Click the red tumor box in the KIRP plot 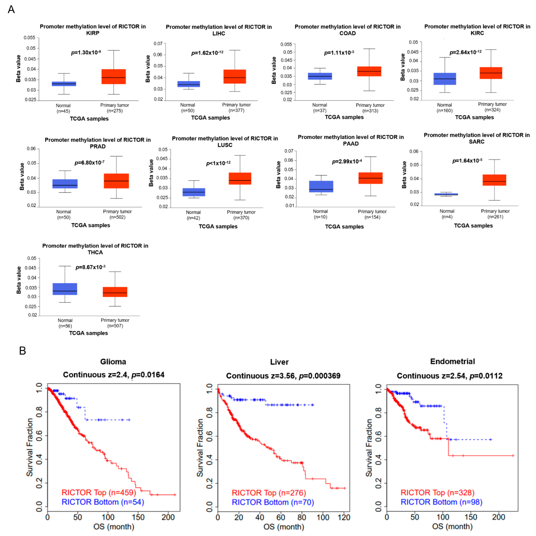[x=113, y=77]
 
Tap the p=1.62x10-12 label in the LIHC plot [x=207, y=53]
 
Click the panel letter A [x=11, y=10]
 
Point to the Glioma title [x=113, y=362]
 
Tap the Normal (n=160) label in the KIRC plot [x=444, y=108]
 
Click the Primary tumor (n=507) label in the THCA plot [x=115, y=323]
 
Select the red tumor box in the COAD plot [x=369, y=71]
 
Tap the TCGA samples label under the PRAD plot [x=91, y=225]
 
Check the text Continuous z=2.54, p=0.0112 [x=449, y=376]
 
